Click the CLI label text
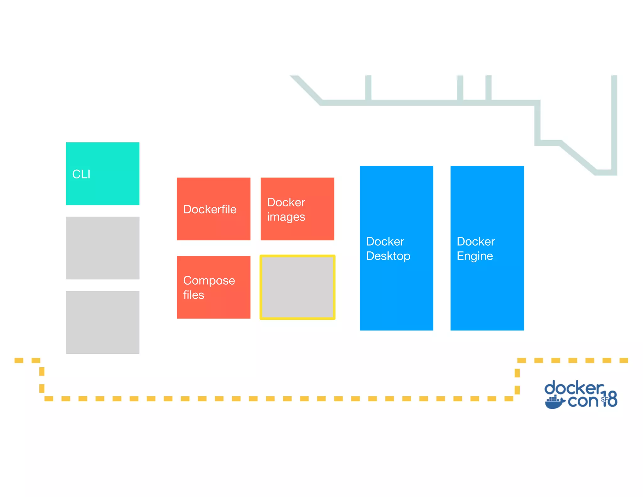point(81,174)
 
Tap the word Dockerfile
point(210,209)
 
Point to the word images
point(286,217)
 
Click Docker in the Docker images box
point(286,202)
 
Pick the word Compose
point(209,281)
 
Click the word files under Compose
point(194,295)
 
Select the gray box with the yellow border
point(297,287)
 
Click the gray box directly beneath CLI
point(103,248)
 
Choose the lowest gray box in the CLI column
point(103,322)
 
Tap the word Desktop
point(388,256)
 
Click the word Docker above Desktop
point(385,242)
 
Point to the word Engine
point(475,256)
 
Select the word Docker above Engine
point(476,242)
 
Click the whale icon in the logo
point(555,402)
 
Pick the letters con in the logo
point(583,401)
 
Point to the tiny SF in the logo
point(604,399)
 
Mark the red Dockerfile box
point(213,226)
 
